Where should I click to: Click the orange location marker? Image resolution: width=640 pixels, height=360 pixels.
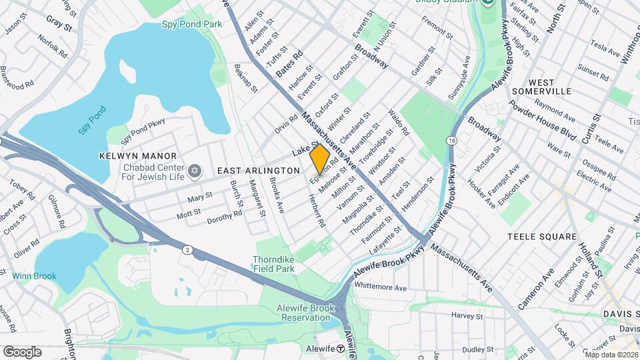click(x=320, y=158)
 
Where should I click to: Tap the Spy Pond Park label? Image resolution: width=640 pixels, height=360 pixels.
click(x=191, y=24)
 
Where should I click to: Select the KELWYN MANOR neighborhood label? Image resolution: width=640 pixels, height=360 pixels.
click(x=131, y=155)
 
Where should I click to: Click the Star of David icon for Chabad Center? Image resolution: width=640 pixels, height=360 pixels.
click(x=195, y=171)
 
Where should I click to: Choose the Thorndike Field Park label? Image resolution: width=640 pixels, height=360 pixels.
click(x=273, y=264)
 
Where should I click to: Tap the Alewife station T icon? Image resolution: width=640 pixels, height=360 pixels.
click(x=340, y=349)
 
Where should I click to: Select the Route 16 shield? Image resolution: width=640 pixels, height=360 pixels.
click(x=452, y=141)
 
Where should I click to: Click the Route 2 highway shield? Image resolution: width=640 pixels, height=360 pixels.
click(x=188, y=249)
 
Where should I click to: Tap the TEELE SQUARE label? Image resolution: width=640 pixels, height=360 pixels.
click(x=541, y=237)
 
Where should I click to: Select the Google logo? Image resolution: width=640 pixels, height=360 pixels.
click(x=22, y=351)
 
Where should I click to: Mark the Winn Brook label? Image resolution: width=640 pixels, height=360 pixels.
click(x=34, y=275)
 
